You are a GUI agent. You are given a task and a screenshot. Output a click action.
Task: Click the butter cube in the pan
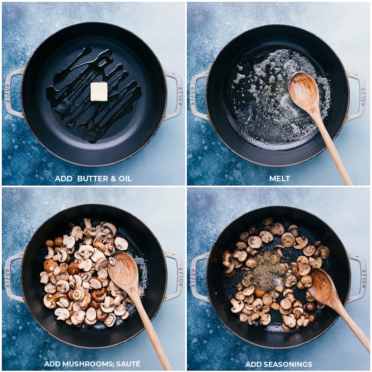[99, 91]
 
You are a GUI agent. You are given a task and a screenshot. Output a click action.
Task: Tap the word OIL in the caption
[125, 179]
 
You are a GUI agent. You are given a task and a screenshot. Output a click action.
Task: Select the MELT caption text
[279, 179]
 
